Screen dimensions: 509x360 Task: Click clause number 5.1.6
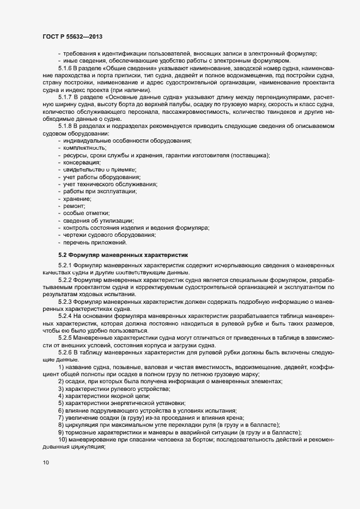pyautogui.click(x=66, y=69)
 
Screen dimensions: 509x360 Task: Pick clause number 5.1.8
pyautogui.click(x=66, y=126)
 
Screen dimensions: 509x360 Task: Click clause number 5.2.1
pyautogui.click(x=66, y=265)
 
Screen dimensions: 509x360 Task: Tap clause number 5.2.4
pyautogui.click(x=66, y=316)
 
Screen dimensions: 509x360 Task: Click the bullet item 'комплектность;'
pyautogui.click(x=84, y=148)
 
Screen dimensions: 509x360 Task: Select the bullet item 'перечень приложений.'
pyautogui.click(x=95, y=242)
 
